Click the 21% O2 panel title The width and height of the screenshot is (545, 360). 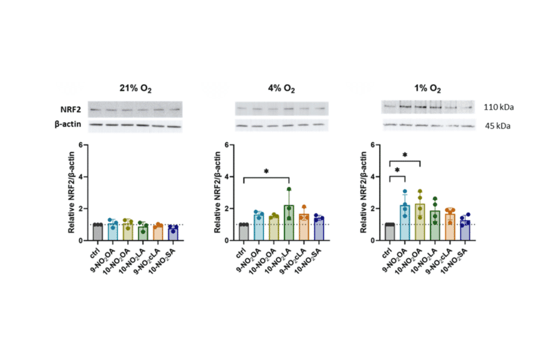tap(135, 89)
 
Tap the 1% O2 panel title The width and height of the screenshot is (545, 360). tap(427, 89)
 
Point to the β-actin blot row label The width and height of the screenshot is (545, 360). tap(74, 125)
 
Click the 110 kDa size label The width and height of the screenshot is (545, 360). tap(499, 108)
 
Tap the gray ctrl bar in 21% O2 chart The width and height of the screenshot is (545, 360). tap(97, 232)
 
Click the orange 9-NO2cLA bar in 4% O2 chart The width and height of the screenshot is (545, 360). tap(304, 227)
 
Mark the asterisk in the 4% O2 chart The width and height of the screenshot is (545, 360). tap(266, 172)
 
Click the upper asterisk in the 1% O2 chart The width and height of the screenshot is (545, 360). tap(404, 155)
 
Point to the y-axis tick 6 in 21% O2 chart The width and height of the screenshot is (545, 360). tap(80, 145)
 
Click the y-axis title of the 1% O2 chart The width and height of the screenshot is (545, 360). tap(363, 193)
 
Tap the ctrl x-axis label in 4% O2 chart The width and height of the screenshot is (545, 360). tap(242, 252)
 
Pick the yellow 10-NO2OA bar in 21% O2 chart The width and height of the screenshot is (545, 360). tap(127, 232)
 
